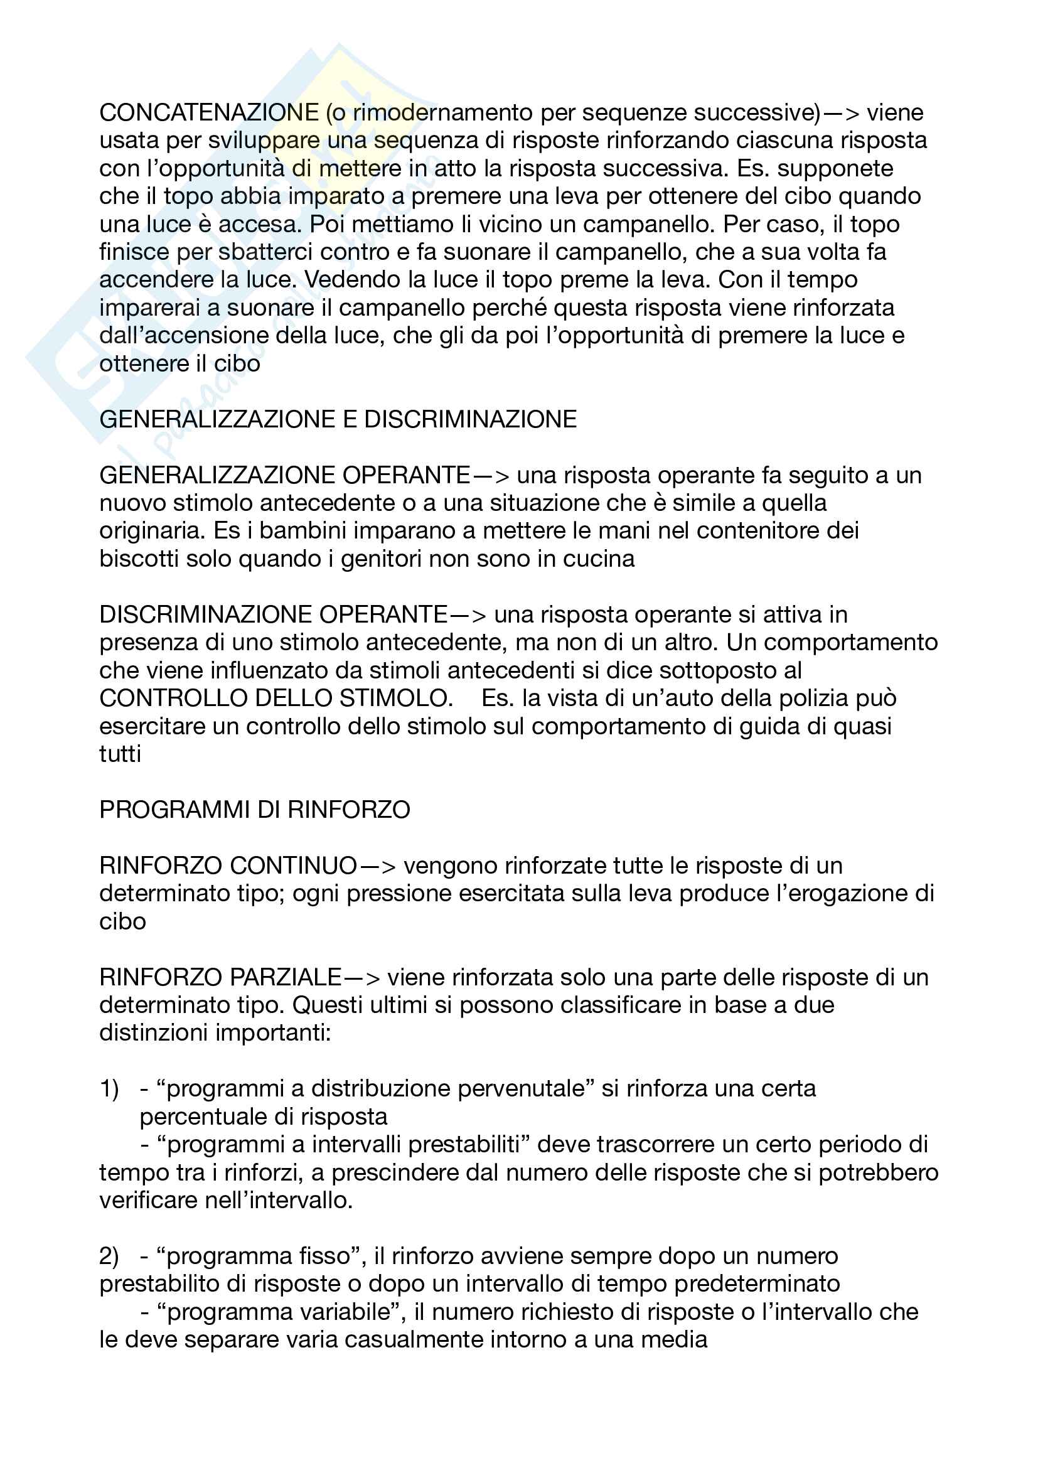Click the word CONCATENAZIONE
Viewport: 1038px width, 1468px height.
(209, 112)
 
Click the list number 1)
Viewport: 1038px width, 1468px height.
(109, 1088)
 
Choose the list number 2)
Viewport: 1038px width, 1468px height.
(109, 1256)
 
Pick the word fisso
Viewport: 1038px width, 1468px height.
(324, 1256)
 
